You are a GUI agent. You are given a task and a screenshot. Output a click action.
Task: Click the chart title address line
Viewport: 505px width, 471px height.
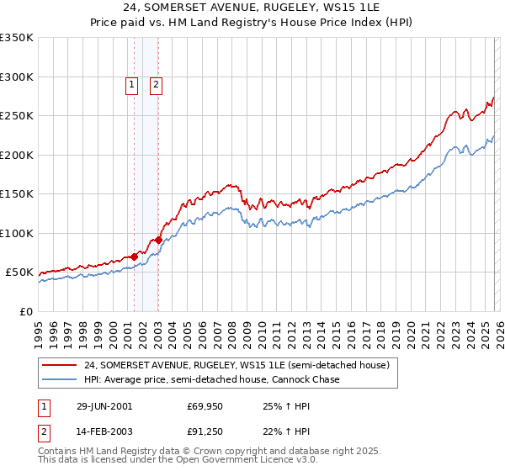point(252,8)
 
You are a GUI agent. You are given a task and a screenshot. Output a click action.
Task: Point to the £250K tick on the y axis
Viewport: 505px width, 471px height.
point(17,116)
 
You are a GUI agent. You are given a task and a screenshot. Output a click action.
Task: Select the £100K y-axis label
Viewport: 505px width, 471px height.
point(17,233)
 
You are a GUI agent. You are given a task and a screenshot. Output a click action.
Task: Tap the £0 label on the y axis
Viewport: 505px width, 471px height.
point(25,311)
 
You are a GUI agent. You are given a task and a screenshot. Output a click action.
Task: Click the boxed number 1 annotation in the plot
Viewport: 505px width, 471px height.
point(133,83)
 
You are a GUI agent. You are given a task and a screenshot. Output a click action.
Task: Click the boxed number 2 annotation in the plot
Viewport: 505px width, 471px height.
point(157,83)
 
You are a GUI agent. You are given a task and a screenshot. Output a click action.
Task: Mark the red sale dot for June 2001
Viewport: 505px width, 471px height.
point(135,257)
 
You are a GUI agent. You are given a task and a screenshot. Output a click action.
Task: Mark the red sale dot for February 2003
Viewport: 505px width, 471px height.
point(158,241)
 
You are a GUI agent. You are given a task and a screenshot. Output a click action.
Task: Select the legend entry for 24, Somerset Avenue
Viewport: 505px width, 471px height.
point(236,366)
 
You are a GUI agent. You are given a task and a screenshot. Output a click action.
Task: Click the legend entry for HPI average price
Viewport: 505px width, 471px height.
point(210,379)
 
